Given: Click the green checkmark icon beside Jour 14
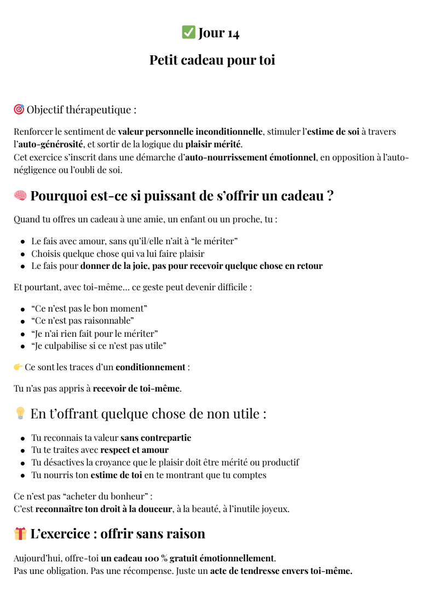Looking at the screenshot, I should pyautogui.click(x=188, y=33).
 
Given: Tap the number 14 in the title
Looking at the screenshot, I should pyautogui.click(x=233, y=33).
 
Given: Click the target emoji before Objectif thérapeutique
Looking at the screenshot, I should pyautogui.click(x=19, y=110).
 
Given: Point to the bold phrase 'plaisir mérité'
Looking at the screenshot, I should pyautogui.click(x=213, y=145).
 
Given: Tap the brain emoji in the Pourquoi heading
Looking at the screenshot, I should pyautogui.click(x=20, y=196).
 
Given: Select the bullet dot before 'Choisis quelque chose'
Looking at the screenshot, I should pyautogui.click(x=23, y=254).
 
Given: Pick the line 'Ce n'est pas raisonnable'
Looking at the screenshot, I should pyautogui.click(x=83, y=320).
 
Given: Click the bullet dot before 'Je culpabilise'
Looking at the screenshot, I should pyautogui.click(x=23, y=346).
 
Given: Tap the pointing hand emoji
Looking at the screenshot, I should pyautogui.click(x=18, y=367).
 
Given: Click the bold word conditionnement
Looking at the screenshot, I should pyautogui.click(x=151, y=367).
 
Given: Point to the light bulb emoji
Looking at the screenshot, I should pyautogui.click(x=20, y=413).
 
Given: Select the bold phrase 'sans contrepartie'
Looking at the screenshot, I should pyautogui.click(x=155, y=438).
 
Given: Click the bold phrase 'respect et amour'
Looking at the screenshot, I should pyautogui.click(x=134, y=450).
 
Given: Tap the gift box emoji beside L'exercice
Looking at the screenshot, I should pyautogui.click(x=20, y=533).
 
